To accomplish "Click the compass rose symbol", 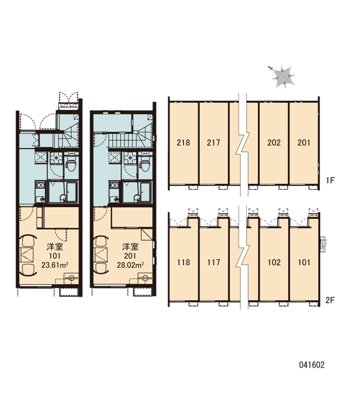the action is [x=282, y=76].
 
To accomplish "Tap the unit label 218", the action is [x=183, y=143].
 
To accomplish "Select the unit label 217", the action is [x=213, y=143].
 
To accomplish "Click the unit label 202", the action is [x=274, y=143].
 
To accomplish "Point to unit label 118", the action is [x=183, y=263].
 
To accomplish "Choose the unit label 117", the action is [x=213, y=263].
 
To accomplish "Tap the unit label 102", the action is [x=274, y=263].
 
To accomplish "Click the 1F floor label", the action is [x=331, y=180].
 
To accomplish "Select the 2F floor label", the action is [x=330, y=300].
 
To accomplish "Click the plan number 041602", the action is [x=312, y=365].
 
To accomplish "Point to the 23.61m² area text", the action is [x=55, y=265].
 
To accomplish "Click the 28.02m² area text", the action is [x=130, y=265].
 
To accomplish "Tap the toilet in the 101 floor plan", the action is [x=71, y=165].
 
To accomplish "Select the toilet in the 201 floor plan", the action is [x=145, y=165].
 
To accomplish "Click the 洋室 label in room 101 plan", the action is [x=55, y=247].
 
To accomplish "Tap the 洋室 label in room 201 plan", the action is [x=130, y=247].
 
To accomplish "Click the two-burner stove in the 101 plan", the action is [x=40, y=185].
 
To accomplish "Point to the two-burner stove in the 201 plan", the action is [x=114, y=185].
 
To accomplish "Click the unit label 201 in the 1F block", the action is [x=304, y=143].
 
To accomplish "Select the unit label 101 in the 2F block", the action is [x=304, y=263].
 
